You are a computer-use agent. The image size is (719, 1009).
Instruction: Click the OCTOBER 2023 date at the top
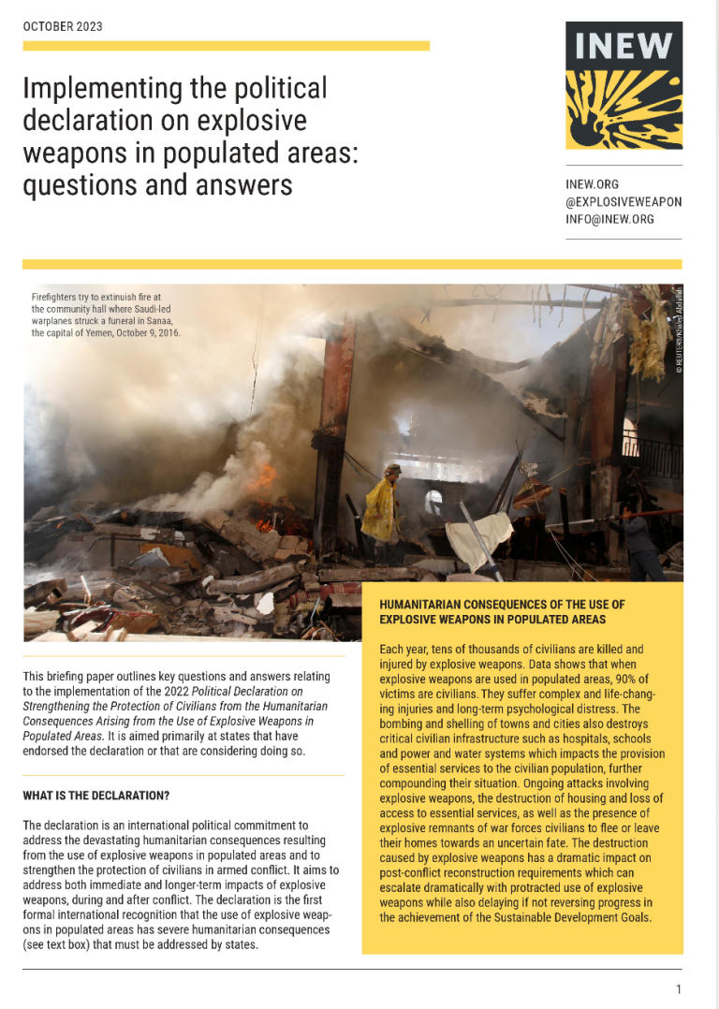click(63, 26)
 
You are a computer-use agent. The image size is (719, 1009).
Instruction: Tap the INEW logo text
click(624, 46)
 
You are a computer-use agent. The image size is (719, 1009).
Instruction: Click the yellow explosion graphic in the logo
click(624, 110)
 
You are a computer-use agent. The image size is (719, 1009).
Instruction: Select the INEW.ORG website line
click(593, 185)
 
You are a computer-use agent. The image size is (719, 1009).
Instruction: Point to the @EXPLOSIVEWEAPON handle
click(624, 202)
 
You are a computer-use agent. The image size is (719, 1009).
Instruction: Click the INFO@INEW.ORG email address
click(610, 220)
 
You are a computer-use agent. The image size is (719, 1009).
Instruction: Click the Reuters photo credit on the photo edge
click(679, 332)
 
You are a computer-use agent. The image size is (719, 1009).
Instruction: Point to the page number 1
click(678, 989)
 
